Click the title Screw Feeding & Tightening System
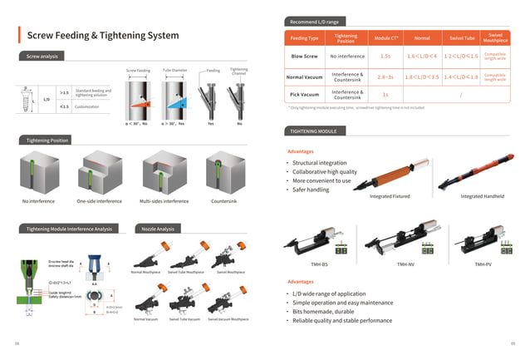tap(103, 36)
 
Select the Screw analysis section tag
tap(42, 56)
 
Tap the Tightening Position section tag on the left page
tap(47, 141)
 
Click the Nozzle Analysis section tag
tap(158, 228)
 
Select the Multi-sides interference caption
tap(164, 201)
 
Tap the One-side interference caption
tap(99, 201)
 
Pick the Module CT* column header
tap(386, 38)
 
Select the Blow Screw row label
tap(304, 57)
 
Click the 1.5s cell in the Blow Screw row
tap(385, 57)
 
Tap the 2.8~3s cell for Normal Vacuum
tap(385, 76)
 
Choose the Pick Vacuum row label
tap(305, 95)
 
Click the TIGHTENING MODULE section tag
tap(313, 131)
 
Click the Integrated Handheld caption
tap(483, 196)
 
